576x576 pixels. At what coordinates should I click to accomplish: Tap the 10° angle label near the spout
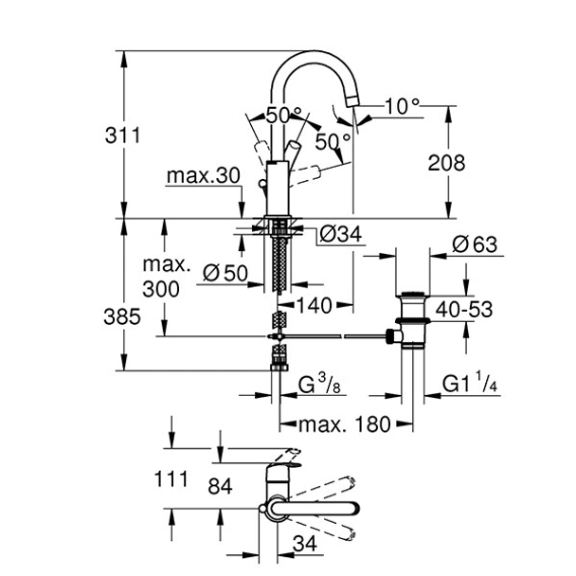(402, 106)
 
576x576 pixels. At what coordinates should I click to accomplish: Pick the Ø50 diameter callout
(225, 274)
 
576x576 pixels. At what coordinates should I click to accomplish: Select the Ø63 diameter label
(473, 244)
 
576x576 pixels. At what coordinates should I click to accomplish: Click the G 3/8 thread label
(319, 387)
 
